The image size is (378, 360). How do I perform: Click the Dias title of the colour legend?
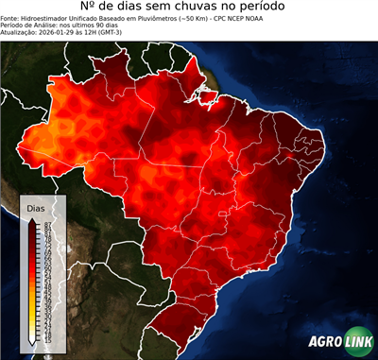click(36, 207)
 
